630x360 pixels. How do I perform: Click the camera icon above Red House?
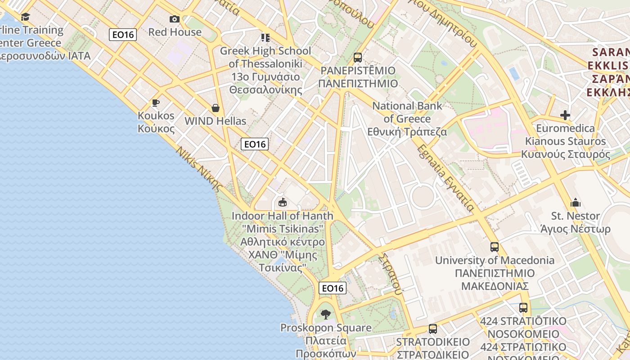(x=175, y=19)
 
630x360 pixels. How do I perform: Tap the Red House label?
(x=175, y=32)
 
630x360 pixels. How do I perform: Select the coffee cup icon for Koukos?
(x=156, y=103)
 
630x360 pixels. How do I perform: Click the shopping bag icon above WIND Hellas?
(x=216, y=108)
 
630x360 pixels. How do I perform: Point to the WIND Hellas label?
(x=216, y=121)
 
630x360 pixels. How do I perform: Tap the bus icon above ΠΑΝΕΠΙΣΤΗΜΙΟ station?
(x=358, y=58)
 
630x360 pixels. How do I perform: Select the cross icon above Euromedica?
(x=565, y=115)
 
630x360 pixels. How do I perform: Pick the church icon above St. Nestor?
(x=576, y=202)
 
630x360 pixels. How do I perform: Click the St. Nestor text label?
(x=576, y=216)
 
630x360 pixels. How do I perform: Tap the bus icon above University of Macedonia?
(x=495, y=247)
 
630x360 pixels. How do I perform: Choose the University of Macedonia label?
(x=495, y=260)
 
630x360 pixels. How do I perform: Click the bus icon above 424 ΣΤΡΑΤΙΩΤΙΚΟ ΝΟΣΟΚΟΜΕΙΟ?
(x=523, y=308)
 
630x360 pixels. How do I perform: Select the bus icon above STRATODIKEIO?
(x=432, y=329)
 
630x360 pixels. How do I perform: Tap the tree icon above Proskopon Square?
(x=326, y=314)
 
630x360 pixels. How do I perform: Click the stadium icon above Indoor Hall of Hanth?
(x=283, y=202)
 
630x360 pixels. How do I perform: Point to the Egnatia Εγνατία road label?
(x=445, y=178)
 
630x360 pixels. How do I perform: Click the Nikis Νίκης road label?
(x=200, y=170)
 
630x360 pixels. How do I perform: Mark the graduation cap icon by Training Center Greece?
(x=25, y=17)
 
